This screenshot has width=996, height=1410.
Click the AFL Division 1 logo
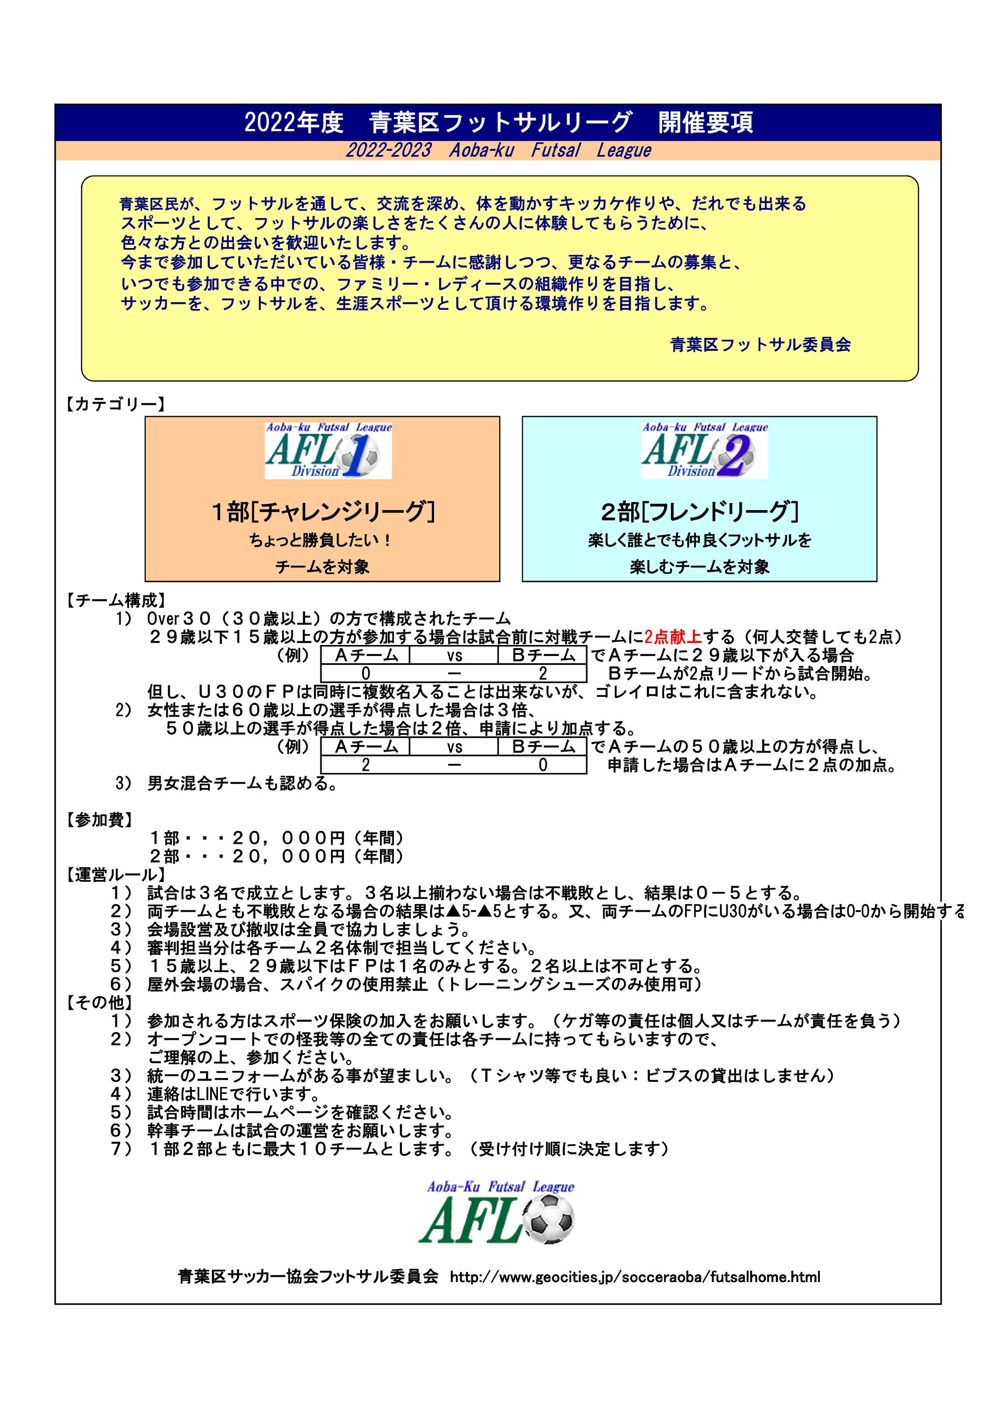(x=328, y=450)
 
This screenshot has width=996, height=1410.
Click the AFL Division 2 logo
(x=705, y=450)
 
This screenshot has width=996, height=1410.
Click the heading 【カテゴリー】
(x=115, y=404)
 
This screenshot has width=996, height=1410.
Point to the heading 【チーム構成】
(x=115, y=600)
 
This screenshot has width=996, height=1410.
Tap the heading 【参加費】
(x=99, y=820)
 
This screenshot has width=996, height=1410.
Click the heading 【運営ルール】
(x=115, y=875)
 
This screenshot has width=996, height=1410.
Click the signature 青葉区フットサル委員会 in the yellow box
(x=760, y=345)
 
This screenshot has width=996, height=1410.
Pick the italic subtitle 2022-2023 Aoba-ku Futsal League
(x=498, y=150)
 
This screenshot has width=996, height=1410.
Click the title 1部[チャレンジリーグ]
(x=322, y=511)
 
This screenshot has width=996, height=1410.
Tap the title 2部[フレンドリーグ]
(x=699, y=511)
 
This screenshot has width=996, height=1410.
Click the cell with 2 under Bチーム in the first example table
(x=543, y=674)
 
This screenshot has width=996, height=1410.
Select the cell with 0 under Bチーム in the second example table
(x=543, y=765)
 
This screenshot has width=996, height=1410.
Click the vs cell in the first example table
(x=454, y=656)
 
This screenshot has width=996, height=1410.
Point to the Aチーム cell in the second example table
(x=366, y=747)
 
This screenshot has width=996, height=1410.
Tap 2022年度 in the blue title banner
(x=294, y=122)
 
